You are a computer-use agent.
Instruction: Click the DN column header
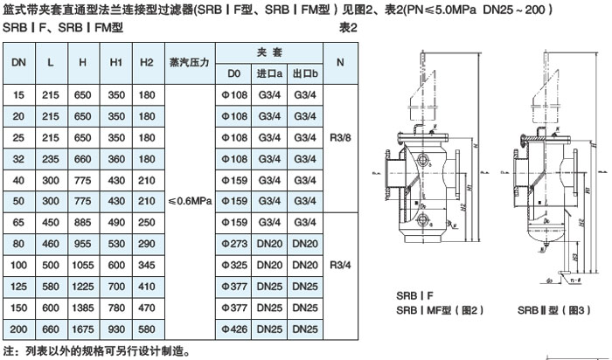click(x=17, y=64)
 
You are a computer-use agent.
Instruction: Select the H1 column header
click(x=115, y=64)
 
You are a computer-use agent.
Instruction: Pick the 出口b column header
click(x=303, y=74)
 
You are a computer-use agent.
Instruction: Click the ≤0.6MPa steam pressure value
click(x=187, y=200)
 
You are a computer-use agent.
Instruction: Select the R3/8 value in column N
click(x=340, y=136)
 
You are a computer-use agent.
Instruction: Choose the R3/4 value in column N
click(x=340, y=263)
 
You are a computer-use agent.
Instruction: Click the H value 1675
click(x=82, y=328)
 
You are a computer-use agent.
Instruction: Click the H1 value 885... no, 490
click(x=115, y=221)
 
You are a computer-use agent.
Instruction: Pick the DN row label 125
click(x=17, y=285)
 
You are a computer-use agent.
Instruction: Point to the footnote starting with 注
click(x=96, y=351)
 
